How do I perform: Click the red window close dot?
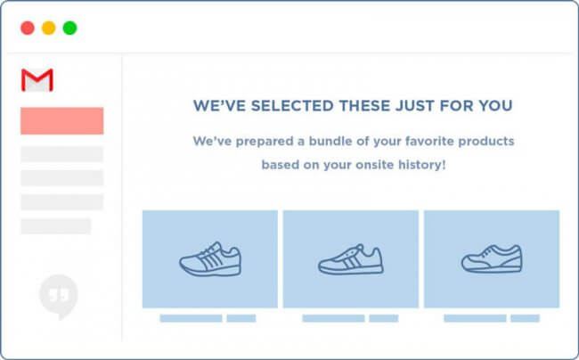click(28, 28)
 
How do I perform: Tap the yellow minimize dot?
click(48, 28)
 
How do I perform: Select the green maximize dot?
click(69, 28)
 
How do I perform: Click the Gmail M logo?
click(37, 80)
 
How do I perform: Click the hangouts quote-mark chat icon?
click(59, 293)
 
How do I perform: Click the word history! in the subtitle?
click(421, 165)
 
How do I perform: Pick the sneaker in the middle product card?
click(350, 259)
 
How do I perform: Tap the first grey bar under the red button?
click(62, 154)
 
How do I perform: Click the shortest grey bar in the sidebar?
click(55, 225)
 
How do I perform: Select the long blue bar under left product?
click(191, 318)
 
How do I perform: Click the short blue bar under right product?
click(525, 318)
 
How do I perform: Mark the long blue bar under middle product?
click(333, 318)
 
